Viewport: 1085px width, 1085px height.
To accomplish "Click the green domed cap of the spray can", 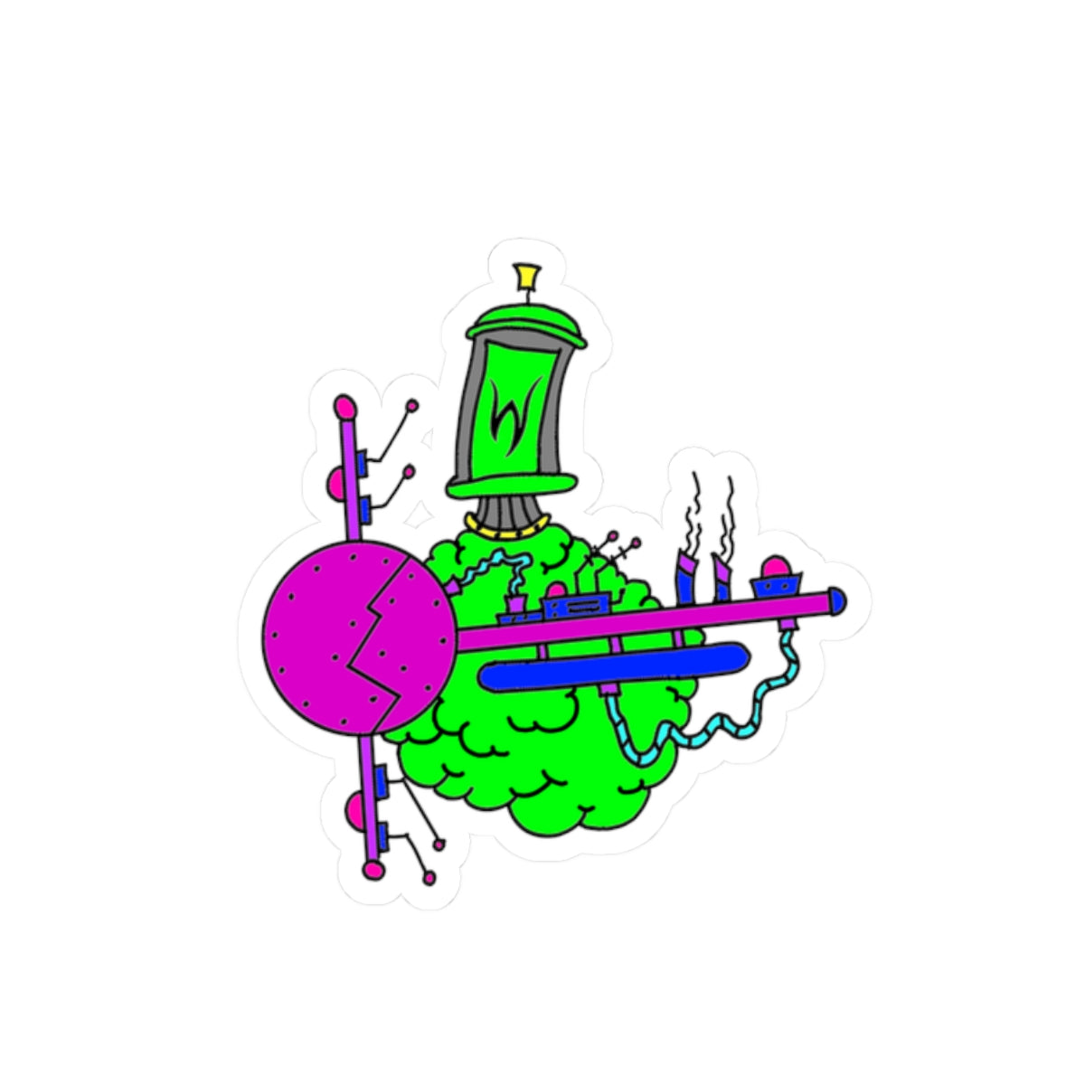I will coord(526,324).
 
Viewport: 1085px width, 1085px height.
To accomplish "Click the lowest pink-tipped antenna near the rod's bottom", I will coord(429,876).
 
